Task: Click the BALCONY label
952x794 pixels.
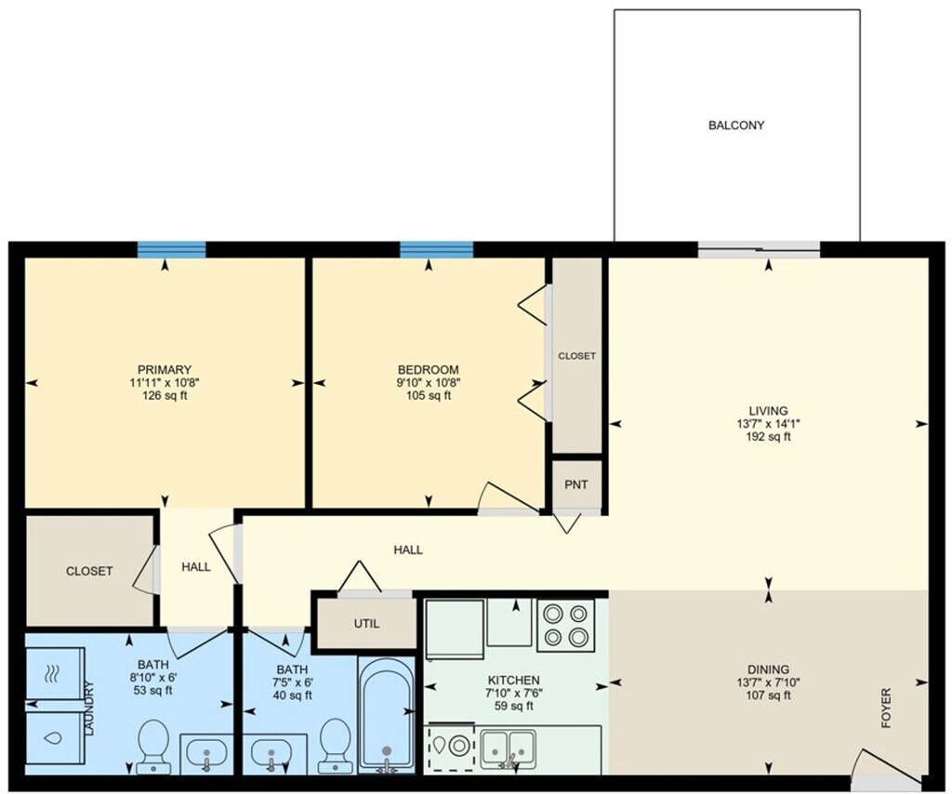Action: (x=735, y=125)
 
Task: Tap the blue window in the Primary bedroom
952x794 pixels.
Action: (x=171, y=248)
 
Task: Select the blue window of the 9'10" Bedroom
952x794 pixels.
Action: (x=436, y=248)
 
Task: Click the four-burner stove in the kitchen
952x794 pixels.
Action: (x=567, y=624)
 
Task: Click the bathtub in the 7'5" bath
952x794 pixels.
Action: (x=386, y=715)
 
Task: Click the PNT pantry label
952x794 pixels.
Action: (x=577, y=483)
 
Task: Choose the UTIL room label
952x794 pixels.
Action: (x=365, y=624)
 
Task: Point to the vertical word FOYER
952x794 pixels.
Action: (x=886, y=708)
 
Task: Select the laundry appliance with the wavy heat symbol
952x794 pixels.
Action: (x=53, y=672)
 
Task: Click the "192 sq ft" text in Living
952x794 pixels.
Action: (x=768, y=437)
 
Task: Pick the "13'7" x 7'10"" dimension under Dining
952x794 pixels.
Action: (x=768, y=682)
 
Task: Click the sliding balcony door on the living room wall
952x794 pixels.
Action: (x=759, y=247)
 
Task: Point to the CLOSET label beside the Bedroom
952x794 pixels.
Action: (x=576, y=356)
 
